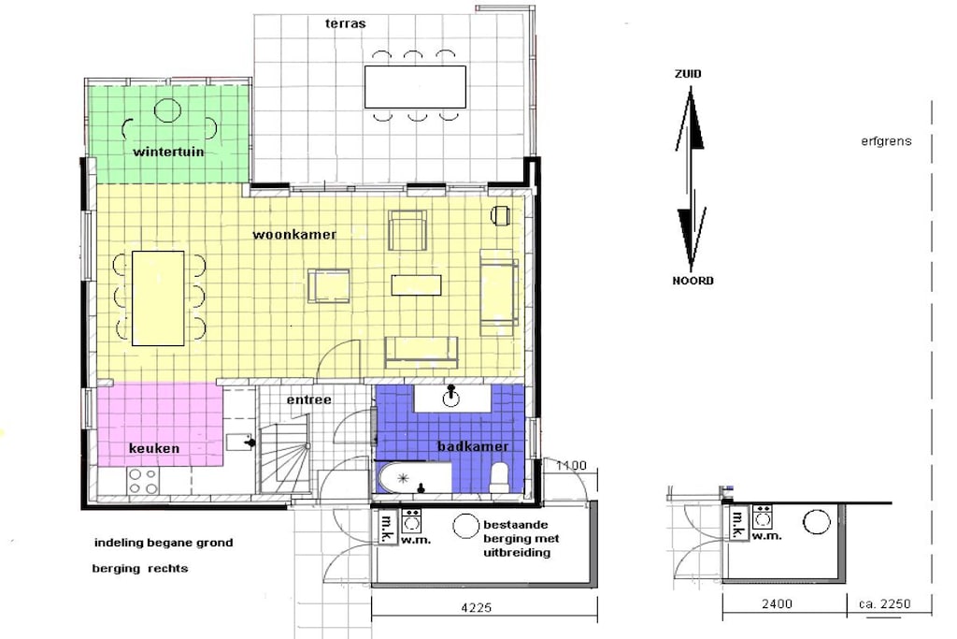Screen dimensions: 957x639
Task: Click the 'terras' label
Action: click(x=346, y=23)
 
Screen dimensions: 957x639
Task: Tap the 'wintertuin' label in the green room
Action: click(x=168, y=151)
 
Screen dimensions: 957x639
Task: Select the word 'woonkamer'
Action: click(x=294, y=234)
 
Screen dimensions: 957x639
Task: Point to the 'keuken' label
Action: click(x=154, y=448)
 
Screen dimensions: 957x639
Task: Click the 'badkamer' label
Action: click(x=473, y=446)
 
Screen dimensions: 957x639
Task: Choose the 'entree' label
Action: click(x=309, y=399)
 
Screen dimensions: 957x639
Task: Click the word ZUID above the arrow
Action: click(x=688, y=74)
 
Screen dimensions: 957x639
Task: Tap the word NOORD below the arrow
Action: click(x=693, y=281)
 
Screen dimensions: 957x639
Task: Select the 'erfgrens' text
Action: click(x=886, y=141)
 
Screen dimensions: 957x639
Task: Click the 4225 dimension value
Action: click(x=476, y=608)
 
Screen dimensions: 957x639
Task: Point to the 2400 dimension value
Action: click(x=777, y=604)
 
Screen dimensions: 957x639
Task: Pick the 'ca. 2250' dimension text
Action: click(x=884, y=604)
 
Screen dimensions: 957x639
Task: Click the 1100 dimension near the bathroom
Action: click(x=571, y=466)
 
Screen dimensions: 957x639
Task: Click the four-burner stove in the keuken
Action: click(x=143, y=481)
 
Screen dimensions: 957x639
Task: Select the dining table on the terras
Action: click(x=415, y=87)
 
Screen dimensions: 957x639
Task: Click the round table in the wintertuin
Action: click(x=167, y=111)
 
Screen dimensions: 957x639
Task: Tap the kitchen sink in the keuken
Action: click(x=240, y=442)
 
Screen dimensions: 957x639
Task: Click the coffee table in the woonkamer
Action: click(x=416, y=285)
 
